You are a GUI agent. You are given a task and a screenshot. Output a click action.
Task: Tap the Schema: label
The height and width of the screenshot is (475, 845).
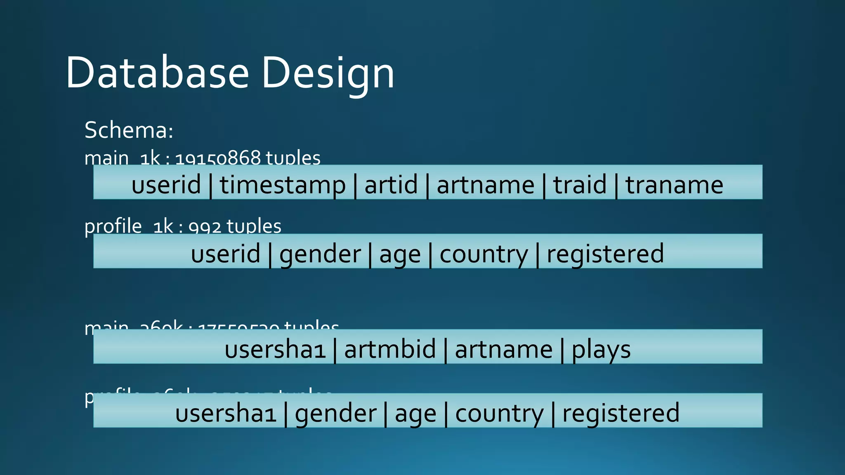pos(129,130)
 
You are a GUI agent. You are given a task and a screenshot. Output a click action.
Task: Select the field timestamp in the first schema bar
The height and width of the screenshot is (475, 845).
pos(283,185)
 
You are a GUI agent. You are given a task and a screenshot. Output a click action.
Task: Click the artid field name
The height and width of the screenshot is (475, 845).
pos(391,184)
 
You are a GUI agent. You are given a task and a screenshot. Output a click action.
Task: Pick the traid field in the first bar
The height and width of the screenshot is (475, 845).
pos(580,184)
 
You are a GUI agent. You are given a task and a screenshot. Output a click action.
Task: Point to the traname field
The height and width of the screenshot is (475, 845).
pos(674,185)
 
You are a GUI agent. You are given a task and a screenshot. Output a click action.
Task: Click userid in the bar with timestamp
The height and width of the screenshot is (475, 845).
pos(166,184)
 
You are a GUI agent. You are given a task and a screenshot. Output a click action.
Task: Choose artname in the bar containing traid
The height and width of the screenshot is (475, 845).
pos(486,185)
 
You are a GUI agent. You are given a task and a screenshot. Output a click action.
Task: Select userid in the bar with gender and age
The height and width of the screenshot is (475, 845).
pos(226,254)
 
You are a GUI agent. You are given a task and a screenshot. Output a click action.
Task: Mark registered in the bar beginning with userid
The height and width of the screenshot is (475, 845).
pos(605,254)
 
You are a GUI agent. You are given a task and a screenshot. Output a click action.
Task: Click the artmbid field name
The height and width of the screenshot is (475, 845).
pos(390,349)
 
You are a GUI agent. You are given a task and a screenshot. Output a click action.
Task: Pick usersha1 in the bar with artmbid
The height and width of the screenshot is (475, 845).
pos(275,349)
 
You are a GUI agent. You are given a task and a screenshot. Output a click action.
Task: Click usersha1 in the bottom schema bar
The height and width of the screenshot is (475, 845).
pos(226,413)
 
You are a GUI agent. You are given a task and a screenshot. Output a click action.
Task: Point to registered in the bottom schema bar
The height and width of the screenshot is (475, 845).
pos(621,413)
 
